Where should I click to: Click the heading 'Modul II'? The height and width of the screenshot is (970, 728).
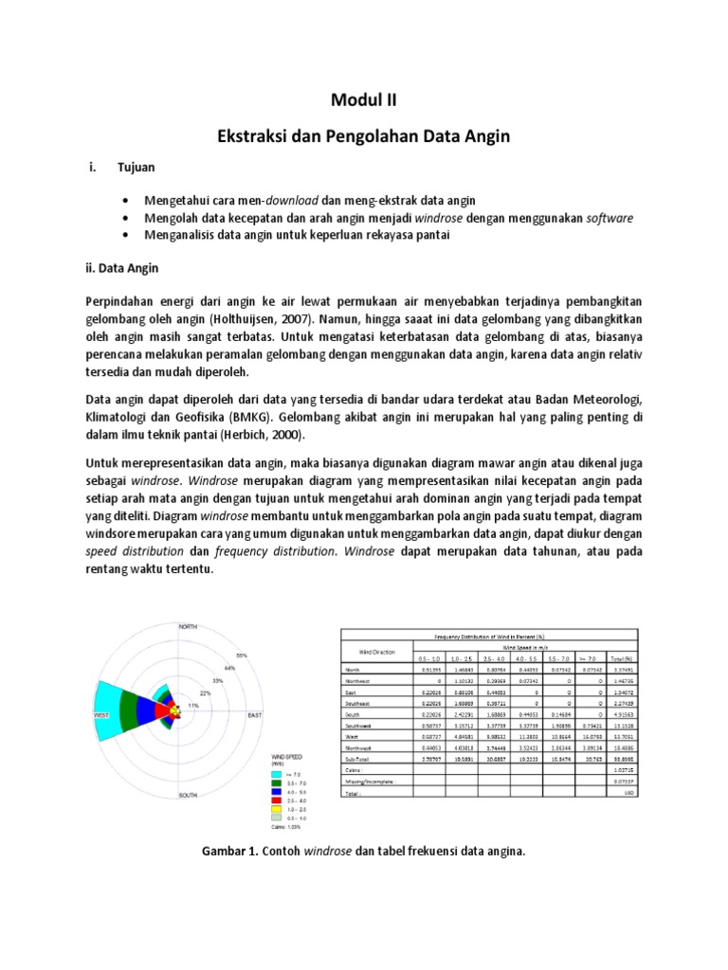point(364,100)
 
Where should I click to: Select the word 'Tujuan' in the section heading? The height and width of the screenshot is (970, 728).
point(136,167)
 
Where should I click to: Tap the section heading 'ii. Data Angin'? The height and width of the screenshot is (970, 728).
point(125,268)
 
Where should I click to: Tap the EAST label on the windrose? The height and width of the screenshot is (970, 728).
point(255,715)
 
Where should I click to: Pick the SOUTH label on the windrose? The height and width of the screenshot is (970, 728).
point(187,796)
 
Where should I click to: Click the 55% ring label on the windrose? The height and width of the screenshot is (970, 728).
point(242,655)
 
